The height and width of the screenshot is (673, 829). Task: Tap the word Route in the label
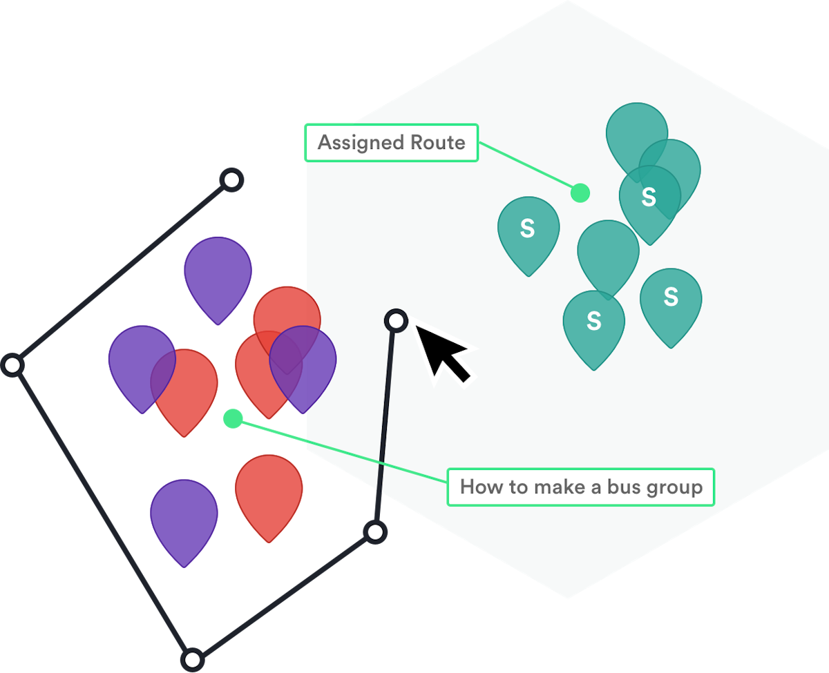[x=438, y=143]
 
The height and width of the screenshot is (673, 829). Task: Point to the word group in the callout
[x=674, y=488]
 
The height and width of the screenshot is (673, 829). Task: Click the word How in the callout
[x=477, y=487]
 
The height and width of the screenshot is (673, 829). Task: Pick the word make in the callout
[x=555, y=487]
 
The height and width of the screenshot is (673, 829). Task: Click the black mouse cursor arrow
[x=442, y=352]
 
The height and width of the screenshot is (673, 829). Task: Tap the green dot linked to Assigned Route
[x=580, y=193]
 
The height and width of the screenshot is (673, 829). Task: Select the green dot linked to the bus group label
[x=233, y=418]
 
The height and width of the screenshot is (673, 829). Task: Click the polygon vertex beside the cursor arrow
[x=396, y=320]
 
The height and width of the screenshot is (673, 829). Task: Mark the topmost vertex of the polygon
[x=232, y=180]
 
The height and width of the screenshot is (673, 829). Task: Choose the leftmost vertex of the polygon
[x=12, y=365]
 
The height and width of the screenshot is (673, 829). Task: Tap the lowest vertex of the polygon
[x=193, y=659]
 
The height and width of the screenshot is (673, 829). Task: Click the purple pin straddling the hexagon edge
[x=303, y=362]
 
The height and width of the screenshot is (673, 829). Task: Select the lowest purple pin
[x=184, y=514]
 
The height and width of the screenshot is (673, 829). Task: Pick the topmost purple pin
[x=218, y=271]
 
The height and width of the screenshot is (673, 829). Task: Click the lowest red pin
[x=269, y=490]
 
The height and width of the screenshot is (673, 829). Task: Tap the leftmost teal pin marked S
[x=528, y=230]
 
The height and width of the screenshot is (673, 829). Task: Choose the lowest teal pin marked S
[x=593, y=323]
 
